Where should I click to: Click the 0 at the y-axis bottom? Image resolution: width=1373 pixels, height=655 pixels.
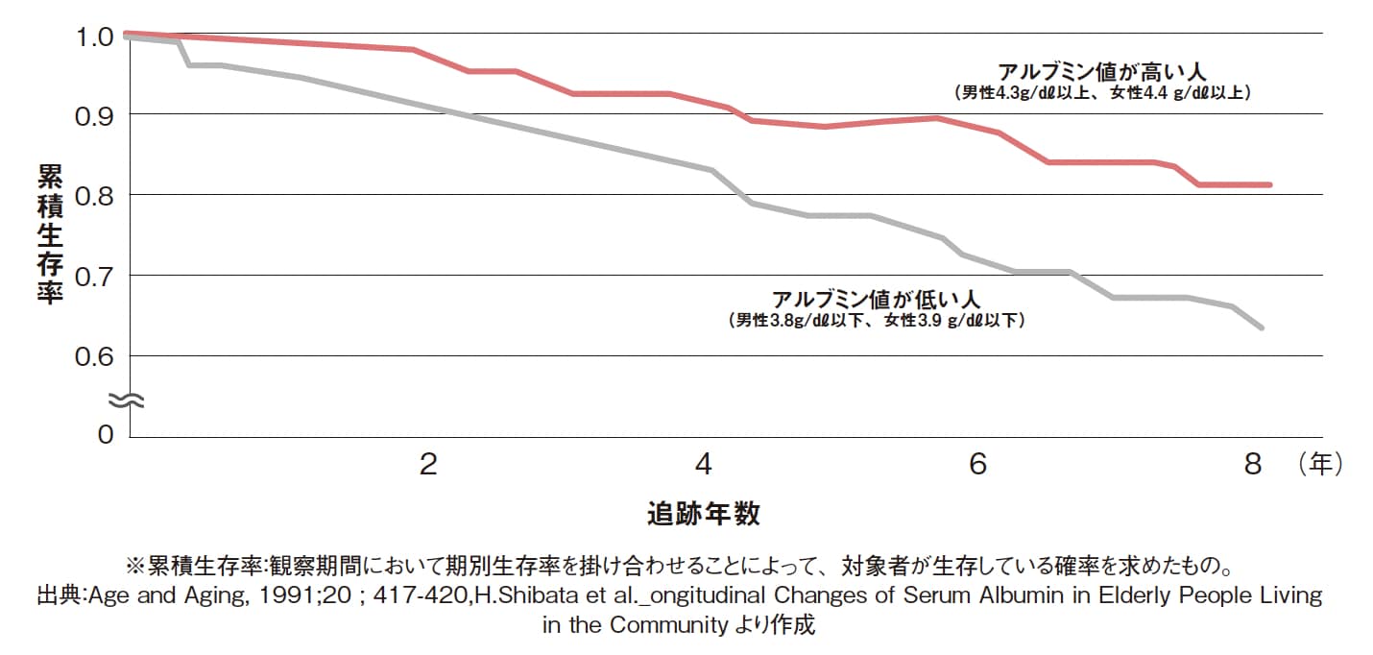coord(107,434)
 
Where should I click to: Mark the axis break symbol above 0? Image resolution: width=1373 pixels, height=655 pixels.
coord(125,400)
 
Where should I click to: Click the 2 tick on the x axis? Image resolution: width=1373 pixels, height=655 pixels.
coord(428,465)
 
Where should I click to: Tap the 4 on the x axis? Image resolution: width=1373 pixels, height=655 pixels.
coord(704,465)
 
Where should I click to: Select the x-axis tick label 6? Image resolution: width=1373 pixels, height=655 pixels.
coord(977,465)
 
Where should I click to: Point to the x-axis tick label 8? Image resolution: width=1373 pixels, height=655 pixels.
coord(1251,465)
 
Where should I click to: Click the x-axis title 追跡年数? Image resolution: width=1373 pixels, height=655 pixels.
coord(704,514)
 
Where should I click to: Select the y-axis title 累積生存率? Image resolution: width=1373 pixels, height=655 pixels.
coord(49,234)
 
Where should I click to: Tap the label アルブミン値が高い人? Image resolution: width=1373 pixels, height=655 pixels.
coord(1101,72)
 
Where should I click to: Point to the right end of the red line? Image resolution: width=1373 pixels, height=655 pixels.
coord(1270,184)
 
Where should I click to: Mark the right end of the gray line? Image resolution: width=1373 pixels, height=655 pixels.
coord(1262,327)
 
